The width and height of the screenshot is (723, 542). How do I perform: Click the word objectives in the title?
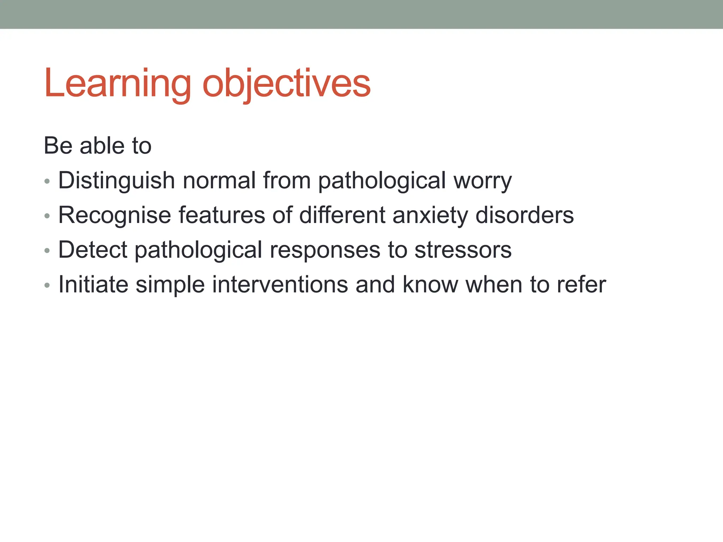(286, 84)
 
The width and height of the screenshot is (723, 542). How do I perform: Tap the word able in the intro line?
(102, 146)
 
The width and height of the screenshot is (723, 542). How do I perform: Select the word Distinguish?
(116, 181)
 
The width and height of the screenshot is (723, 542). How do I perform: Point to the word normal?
(219, 181)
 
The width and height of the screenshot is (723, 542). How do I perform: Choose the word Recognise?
(115, 215)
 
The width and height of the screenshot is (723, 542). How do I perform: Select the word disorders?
(525, 215)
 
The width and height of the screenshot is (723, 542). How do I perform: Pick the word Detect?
(92, 250)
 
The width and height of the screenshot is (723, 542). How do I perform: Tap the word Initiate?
(93, 284)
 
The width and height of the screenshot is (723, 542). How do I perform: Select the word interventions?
(280, 284)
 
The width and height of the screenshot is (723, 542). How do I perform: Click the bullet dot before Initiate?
(47, 285)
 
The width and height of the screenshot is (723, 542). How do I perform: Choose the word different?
(342, 215)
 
